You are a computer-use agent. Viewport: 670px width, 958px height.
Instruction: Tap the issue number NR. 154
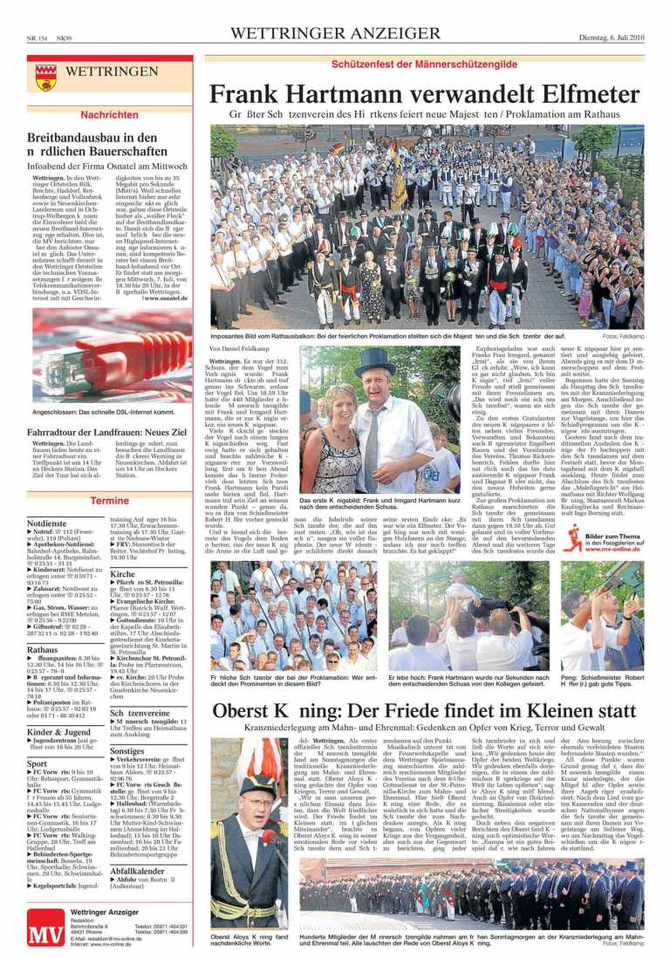tap(38, 37)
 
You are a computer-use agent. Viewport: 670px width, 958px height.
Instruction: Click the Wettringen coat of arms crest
tap(46, 78)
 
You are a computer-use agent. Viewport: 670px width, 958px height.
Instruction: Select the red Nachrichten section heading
tap(109, 114)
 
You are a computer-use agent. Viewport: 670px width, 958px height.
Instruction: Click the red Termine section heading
tap(109, 501)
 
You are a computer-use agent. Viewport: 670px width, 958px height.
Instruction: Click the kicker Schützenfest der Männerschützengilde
tap(424, 65)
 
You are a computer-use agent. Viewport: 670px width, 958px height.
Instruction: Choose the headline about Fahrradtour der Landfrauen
tap(106, 432)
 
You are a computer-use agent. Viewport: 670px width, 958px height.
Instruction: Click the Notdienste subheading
tap(47, 523)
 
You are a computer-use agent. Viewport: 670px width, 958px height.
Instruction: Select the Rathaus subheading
tap(43, 650)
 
